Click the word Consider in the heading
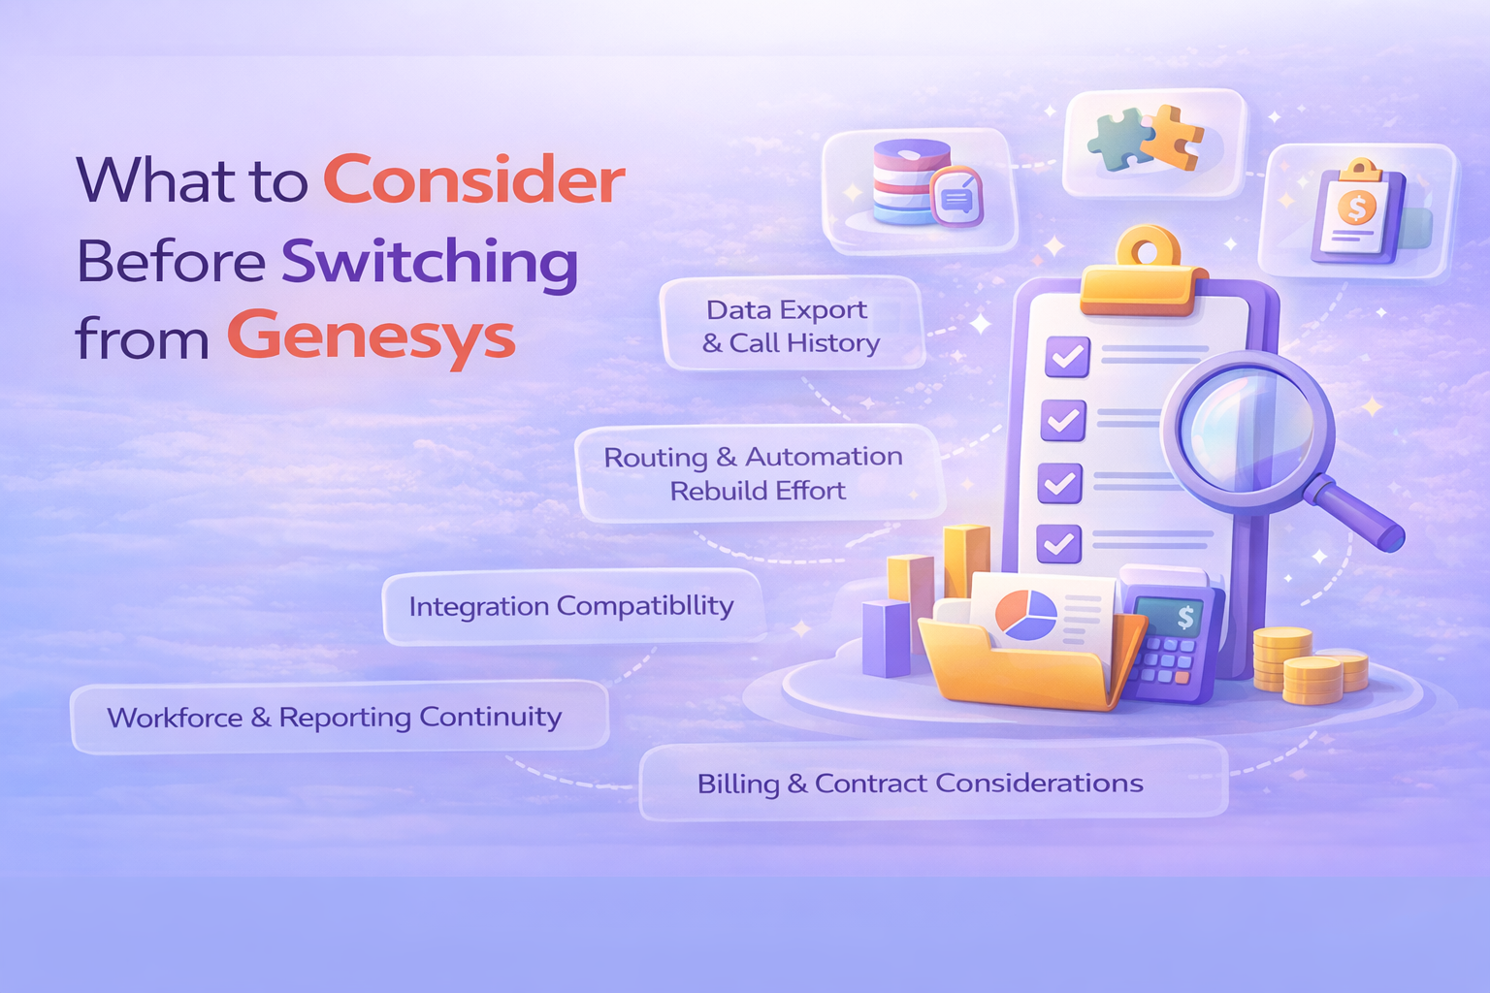click(473, 180)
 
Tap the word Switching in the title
click(429, 262)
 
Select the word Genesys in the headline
click(371, 338)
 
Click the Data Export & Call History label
click(791, 326)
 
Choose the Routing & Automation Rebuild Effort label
click(754, 473)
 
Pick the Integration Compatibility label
click(571, 607)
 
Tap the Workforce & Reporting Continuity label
click(335, 718)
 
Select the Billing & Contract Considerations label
click(920, 784)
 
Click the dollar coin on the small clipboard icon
click(1356, 207)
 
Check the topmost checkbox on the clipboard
click(1067, 357)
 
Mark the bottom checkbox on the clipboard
click(1058, 543)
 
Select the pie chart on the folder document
click(1026, 616)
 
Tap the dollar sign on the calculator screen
click(1185, 617)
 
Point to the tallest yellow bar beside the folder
click(966, 562)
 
